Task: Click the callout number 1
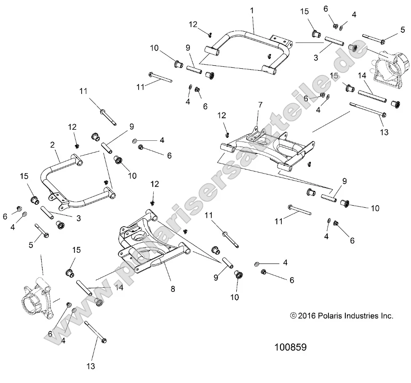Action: (252, 10)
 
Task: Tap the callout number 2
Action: (52, 145)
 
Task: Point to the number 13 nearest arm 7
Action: (384, 132)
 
